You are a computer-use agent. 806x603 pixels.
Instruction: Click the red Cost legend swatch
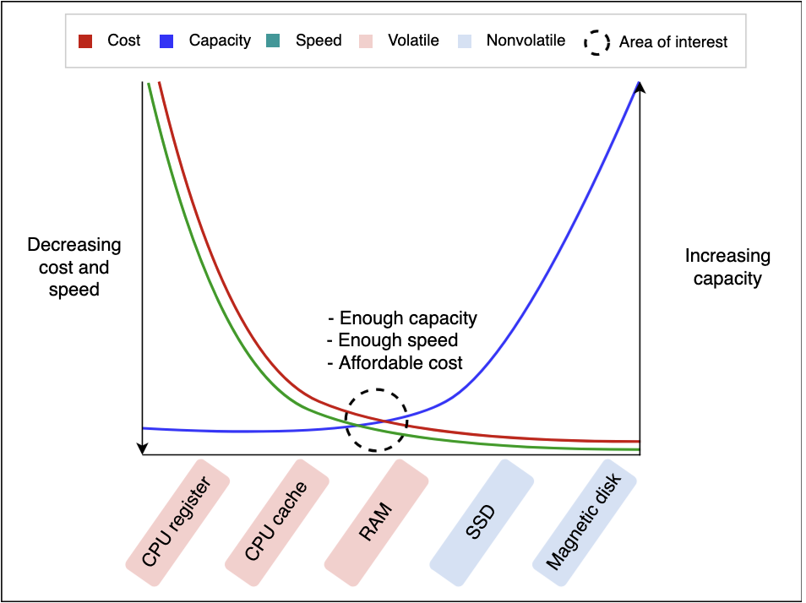pyautogui.click(x=85, y=41)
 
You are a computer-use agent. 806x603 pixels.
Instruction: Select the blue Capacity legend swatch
pyautogui.click(x=166, y=41)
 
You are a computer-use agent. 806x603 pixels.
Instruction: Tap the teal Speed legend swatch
pyautogui.click(x=273, y=41)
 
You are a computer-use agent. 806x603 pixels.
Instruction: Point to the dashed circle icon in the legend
pyautogui.click(x=596, y=42)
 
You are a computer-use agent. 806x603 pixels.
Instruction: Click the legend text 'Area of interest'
pyautogui.click(x=673, y=42)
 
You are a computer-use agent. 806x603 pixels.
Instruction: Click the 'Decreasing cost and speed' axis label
pyautogui.click(x=74, y=267)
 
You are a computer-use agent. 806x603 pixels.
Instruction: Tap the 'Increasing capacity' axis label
pyautogui.click(x=727, y=267)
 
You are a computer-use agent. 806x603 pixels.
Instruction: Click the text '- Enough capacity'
pyautogui.click(x=402, y=318)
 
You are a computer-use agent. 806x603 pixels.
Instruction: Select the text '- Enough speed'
pyautogui.click(x=392, y=340)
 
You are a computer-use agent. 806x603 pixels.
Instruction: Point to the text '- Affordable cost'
pyautogui.click(x=395, y=363)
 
